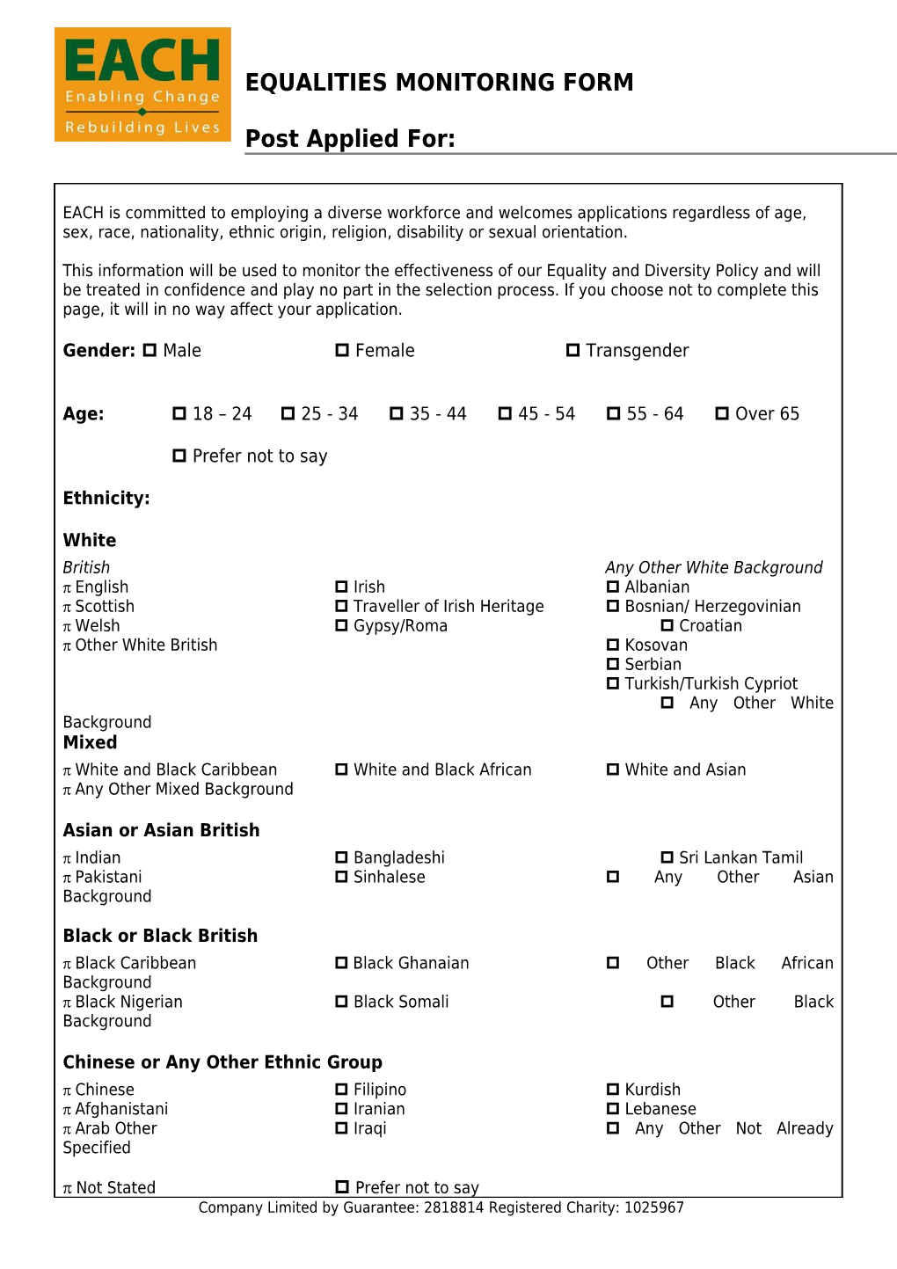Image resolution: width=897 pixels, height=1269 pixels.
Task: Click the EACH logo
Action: (142, 84)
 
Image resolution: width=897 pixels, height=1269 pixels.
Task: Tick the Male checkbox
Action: (149, 350)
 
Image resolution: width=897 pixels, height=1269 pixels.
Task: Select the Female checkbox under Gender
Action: (342, 350)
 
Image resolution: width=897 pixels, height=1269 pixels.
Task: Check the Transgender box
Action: (572, 350)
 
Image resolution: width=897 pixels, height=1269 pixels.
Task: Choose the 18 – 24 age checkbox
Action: (179, 413)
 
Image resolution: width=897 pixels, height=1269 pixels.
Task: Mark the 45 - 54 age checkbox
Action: (505, 413)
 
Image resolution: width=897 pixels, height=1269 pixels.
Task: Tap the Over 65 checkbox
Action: (722, 413)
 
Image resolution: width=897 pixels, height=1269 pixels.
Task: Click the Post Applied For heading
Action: (350, 139)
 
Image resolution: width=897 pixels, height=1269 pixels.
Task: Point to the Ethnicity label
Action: (106, 498)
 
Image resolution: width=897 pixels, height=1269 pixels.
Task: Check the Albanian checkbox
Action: (613, 587)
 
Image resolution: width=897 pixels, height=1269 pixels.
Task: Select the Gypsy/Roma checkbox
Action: (341, 625)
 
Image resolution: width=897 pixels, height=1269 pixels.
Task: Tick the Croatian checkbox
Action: (667, 625)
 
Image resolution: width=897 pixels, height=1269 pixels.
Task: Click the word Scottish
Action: (105, 606)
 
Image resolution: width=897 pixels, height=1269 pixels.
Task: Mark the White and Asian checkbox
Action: (613, 769)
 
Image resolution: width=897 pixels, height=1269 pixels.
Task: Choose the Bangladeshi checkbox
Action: (341, 857)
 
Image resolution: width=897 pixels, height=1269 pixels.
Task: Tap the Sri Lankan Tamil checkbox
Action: (667, 857)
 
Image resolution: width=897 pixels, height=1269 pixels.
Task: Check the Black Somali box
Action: (341, 1002)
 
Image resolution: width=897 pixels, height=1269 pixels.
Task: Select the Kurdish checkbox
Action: (613, 1090)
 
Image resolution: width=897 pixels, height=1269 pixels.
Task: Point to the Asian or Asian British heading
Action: (161, 830)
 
